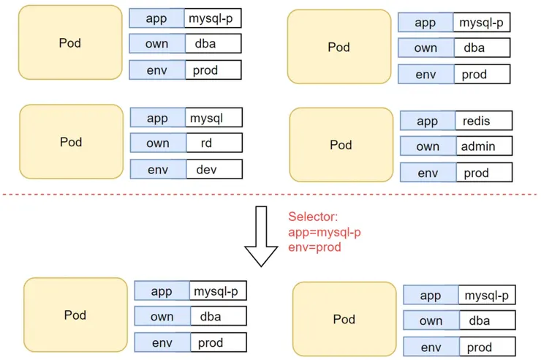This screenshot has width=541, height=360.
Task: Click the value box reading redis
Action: (483, 121)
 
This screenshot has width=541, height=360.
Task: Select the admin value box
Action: (483, 146)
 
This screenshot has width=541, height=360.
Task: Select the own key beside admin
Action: (428, 146)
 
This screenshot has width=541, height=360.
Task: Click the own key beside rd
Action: (157, 143)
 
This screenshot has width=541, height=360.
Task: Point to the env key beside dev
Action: (157, 170)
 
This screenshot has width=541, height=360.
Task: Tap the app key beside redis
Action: (428, 121)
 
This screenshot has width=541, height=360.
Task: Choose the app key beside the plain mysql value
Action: (157, 118)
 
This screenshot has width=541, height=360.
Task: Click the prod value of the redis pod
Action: (483, 173)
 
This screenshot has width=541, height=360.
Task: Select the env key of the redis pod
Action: (428, 173)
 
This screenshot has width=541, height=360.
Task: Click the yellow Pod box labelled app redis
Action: (340, 145)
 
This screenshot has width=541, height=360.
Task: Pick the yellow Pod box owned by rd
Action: (71, 141)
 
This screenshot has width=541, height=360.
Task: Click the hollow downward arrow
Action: (262, 236)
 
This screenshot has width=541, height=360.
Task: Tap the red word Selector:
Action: (312, 217)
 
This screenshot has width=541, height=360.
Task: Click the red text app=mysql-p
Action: (324, 232)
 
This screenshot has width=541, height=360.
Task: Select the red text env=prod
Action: (315, 247)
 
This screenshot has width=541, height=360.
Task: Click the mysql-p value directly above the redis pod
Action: (480, 23)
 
